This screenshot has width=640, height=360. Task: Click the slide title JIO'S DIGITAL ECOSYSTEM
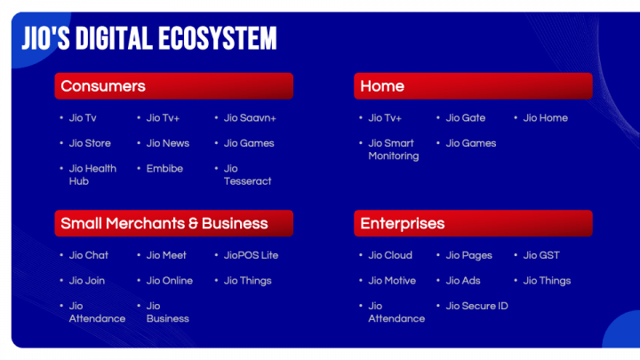(x=148, y=38)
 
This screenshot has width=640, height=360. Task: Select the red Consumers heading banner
(x=173, y=86)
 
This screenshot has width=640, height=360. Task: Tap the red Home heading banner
(x=473, y=86)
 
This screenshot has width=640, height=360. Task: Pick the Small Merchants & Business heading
(x=173, y=223)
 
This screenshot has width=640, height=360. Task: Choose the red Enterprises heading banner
(x=473, y=223)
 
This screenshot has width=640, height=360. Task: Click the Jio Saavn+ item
(x=250, y=117)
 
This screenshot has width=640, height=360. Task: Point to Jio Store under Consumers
(x=90, y=143)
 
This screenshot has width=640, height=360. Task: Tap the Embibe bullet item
(x=164, y=168)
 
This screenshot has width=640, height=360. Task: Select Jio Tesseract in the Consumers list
(x=247, y=175)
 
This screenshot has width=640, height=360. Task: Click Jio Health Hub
(x=92, y=175)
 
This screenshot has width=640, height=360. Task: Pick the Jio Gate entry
(x=466, y=117)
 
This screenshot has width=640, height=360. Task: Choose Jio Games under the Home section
(x=471, y=143)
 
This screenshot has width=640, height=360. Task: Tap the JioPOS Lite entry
(x=251, y=255)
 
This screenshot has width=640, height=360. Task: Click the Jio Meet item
(x=166, y=255)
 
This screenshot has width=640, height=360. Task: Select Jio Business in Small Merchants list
(x=167, y=312)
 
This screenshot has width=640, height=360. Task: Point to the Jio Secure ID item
(x=477, y=306)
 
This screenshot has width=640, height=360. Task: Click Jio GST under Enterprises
(x=541, y=255)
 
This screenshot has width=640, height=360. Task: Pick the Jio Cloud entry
(x=390, y=255)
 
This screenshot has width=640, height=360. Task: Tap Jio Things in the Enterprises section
(x=547, y=281)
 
